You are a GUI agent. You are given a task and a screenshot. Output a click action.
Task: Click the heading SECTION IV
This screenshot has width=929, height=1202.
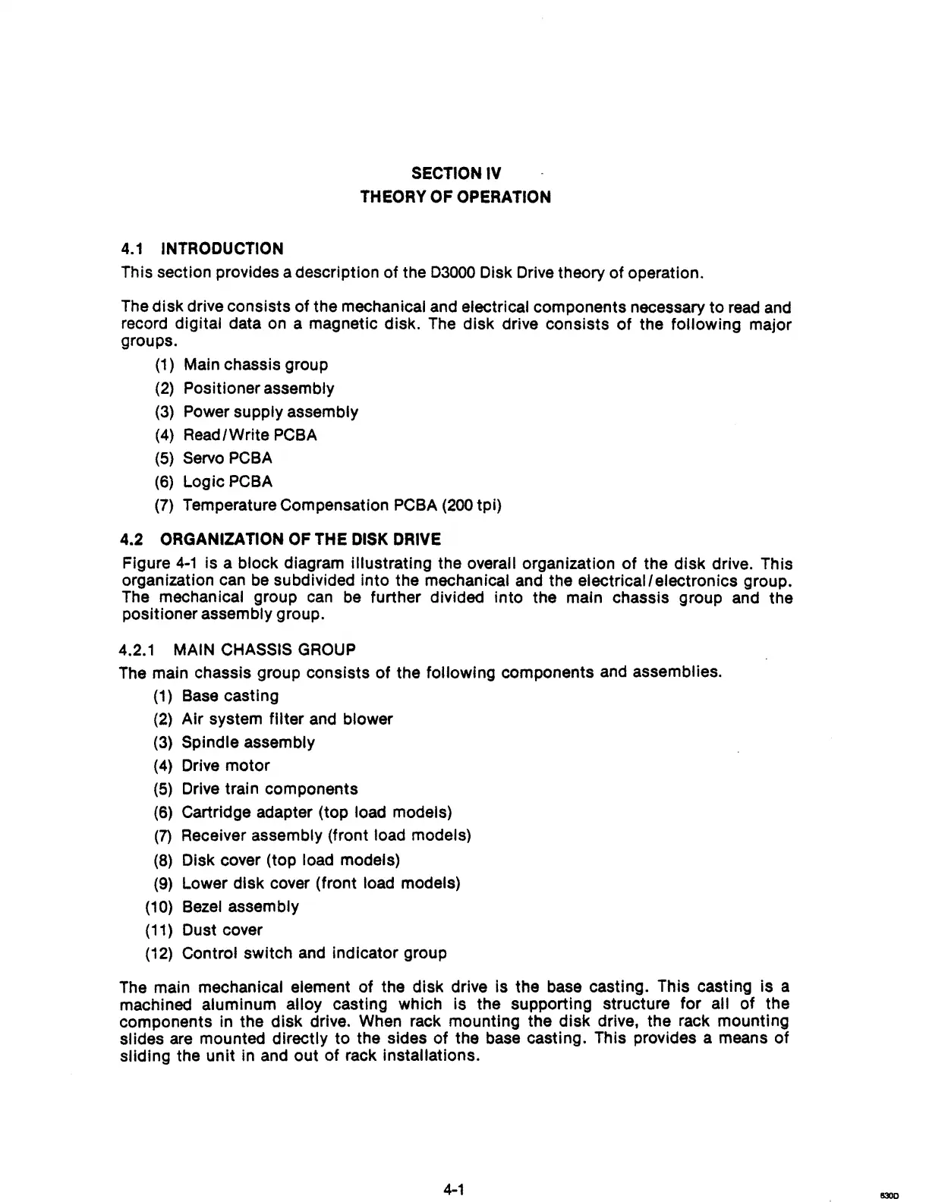(455, 173)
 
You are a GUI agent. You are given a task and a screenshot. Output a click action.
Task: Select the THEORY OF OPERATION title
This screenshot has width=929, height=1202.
(455, 197)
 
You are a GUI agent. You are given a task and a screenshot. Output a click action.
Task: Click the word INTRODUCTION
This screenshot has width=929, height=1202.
(222, 249)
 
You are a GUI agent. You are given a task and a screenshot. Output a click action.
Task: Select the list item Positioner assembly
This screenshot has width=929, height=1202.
(258, 389)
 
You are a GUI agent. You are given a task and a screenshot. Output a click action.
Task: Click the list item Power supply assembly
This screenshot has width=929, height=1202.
(270, 412)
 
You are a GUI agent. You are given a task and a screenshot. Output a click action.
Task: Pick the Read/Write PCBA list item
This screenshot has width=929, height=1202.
(250, 436)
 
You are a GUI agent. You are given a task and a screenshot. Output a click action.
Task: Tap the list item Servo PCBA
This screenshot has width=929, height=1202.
(227, 458)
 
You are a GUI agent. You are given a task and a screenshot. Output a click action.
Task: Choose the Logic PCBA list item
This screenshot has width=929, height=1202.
(227, 482)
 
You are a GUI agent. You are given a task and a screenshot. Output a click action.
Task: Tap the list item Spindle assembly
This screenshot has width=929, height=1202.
(248, 742)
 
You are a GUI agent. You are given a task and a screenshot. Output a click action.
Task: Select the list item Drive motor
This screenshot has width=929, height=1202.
(225, 766)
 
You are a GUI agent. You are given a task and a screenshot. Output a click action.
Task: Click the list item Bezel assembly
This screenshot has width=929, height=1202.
(240, 907)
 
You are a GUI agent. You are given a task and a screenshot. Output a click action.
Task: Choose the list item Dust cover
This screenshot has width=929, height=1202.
(222, 930)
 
